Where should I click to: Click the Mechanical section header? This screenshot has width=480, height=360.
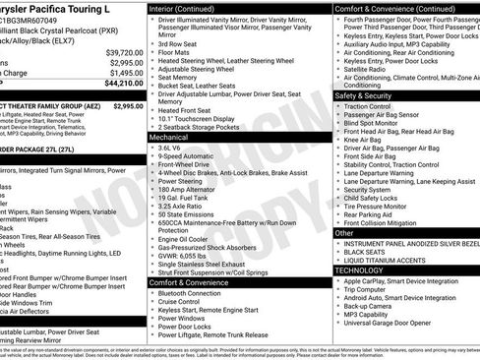click(x=169, y=139)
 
